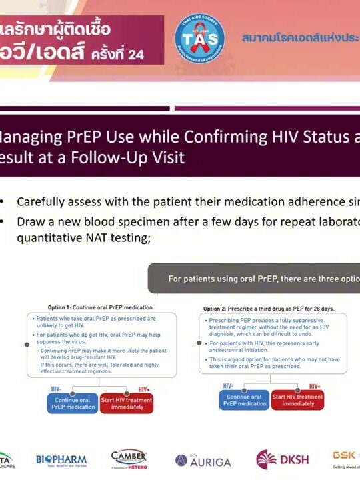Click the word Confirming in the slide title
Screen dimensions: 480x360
tap(201, 137)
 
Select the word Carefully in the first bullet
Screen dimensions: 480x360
tap(44, 202)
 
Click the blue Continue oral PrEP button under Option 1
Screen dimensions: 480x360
tap(72, 404)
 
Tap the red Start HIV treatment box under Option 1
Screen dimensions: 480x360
tap(127, 404)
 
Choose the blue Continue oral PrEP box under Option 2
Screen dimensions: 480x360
tap(243, 400)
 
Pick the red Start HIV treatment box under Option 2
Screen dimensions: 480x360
tap(298, 400)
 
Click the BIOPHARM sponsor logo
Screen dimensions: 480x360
tap(63, 460)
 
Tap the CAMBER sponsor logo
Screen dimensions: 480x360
tap(129, 459)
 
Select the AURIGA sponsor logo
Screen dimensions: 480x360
tap(203, 461)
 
